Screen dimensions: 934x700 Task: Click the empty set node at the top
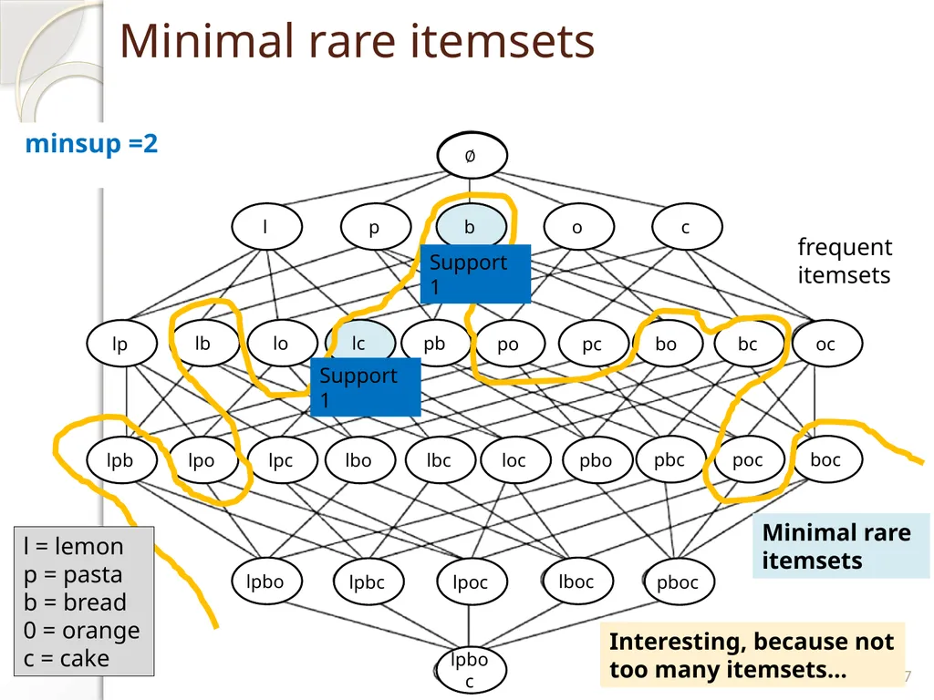point(472,155)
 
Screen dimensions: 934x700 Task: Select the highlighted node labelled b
point(472,226)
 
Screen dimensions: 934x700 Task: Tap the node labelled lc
point(359,343)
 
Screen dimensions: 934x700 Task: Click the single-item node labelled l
point(267,226)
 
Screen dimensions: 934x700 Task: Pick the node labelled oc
point(826,343)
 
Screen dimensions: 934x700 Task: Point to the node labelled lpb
point(121,460)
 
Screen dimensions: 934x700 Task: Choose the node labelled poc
point(749,459)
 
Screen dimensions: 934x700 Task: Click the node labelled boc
point(826,459)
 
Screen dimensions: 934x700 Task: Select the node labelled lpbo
point(266,582)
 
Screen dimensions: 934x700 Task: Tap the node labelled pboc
point(679,582)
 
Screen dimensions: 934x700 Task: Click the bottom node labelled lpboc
point(471,670)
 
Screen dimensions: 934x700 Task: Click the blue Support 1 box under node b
point(475,273)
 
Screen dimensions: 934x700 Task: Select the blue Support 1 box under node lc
point(365,386)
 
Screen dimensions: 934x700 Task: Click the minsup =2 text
point(92,144)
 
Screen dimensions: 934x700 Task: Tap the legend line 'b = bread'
point(75,602)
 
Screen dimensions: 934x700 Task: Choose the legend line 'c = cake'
point(67,658)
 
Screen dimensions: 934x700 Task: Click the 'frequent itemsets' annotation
point(845,261)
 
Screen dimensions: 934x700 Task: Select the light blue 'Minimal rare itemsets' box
point(840,546)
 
